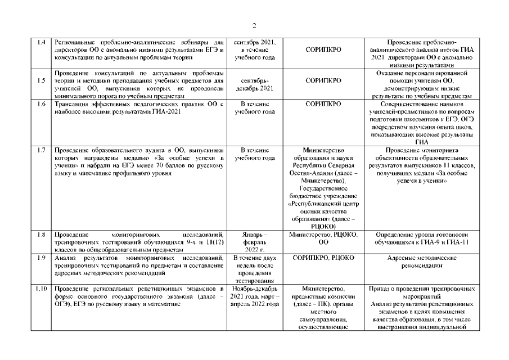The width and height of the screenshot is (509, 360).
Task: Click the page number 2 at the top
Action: click(254, 25)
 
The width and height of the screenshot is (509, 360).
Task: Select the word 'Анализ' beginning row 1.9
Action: click(64, 258)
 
